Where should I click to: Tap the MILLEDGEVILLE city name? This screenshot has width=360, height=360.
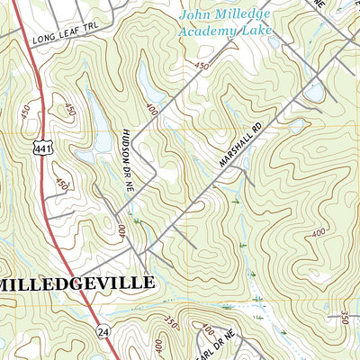click(x=76, y=283)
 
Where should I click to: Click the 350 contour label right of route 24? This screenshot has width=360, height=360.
click(x=171, y=321)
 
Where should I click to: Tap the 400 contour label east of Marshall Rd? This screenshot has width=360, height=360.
click(x=317, y=233)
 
